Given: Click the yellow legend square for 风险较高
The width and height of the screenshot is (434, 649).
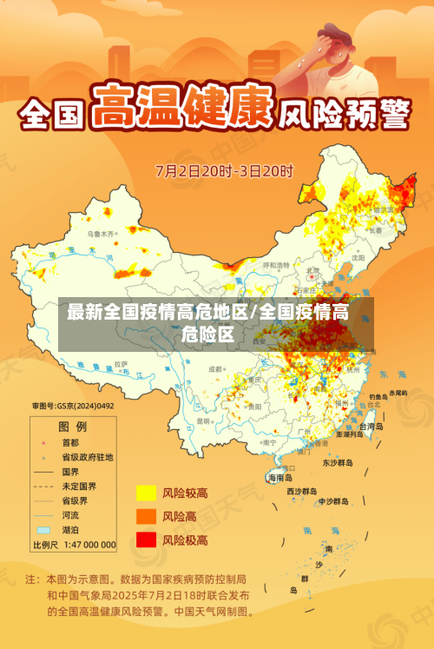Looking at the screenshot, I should (145, 493).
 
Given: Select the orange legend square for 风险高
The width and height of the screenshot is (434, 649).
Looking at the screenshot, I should (145, 517).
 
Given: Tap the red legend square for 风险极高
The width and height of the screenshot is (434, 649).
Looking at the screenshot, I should (145, 540).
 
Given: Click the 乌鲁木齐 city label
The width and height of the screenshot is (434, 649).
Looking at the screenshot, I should (101, 234).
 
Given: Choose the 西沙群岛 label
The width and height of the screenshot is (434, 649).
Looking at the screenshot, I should (304, 491).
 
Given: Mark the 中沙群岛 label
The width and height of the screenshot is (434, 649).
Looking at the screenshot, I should (332, 501).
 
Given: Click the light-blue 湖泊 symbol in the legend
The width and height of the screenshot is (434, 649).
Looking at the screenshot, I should (43, 529).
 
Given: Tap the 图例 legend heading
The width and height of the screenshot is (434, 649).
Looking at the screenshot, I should (72, 427).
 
